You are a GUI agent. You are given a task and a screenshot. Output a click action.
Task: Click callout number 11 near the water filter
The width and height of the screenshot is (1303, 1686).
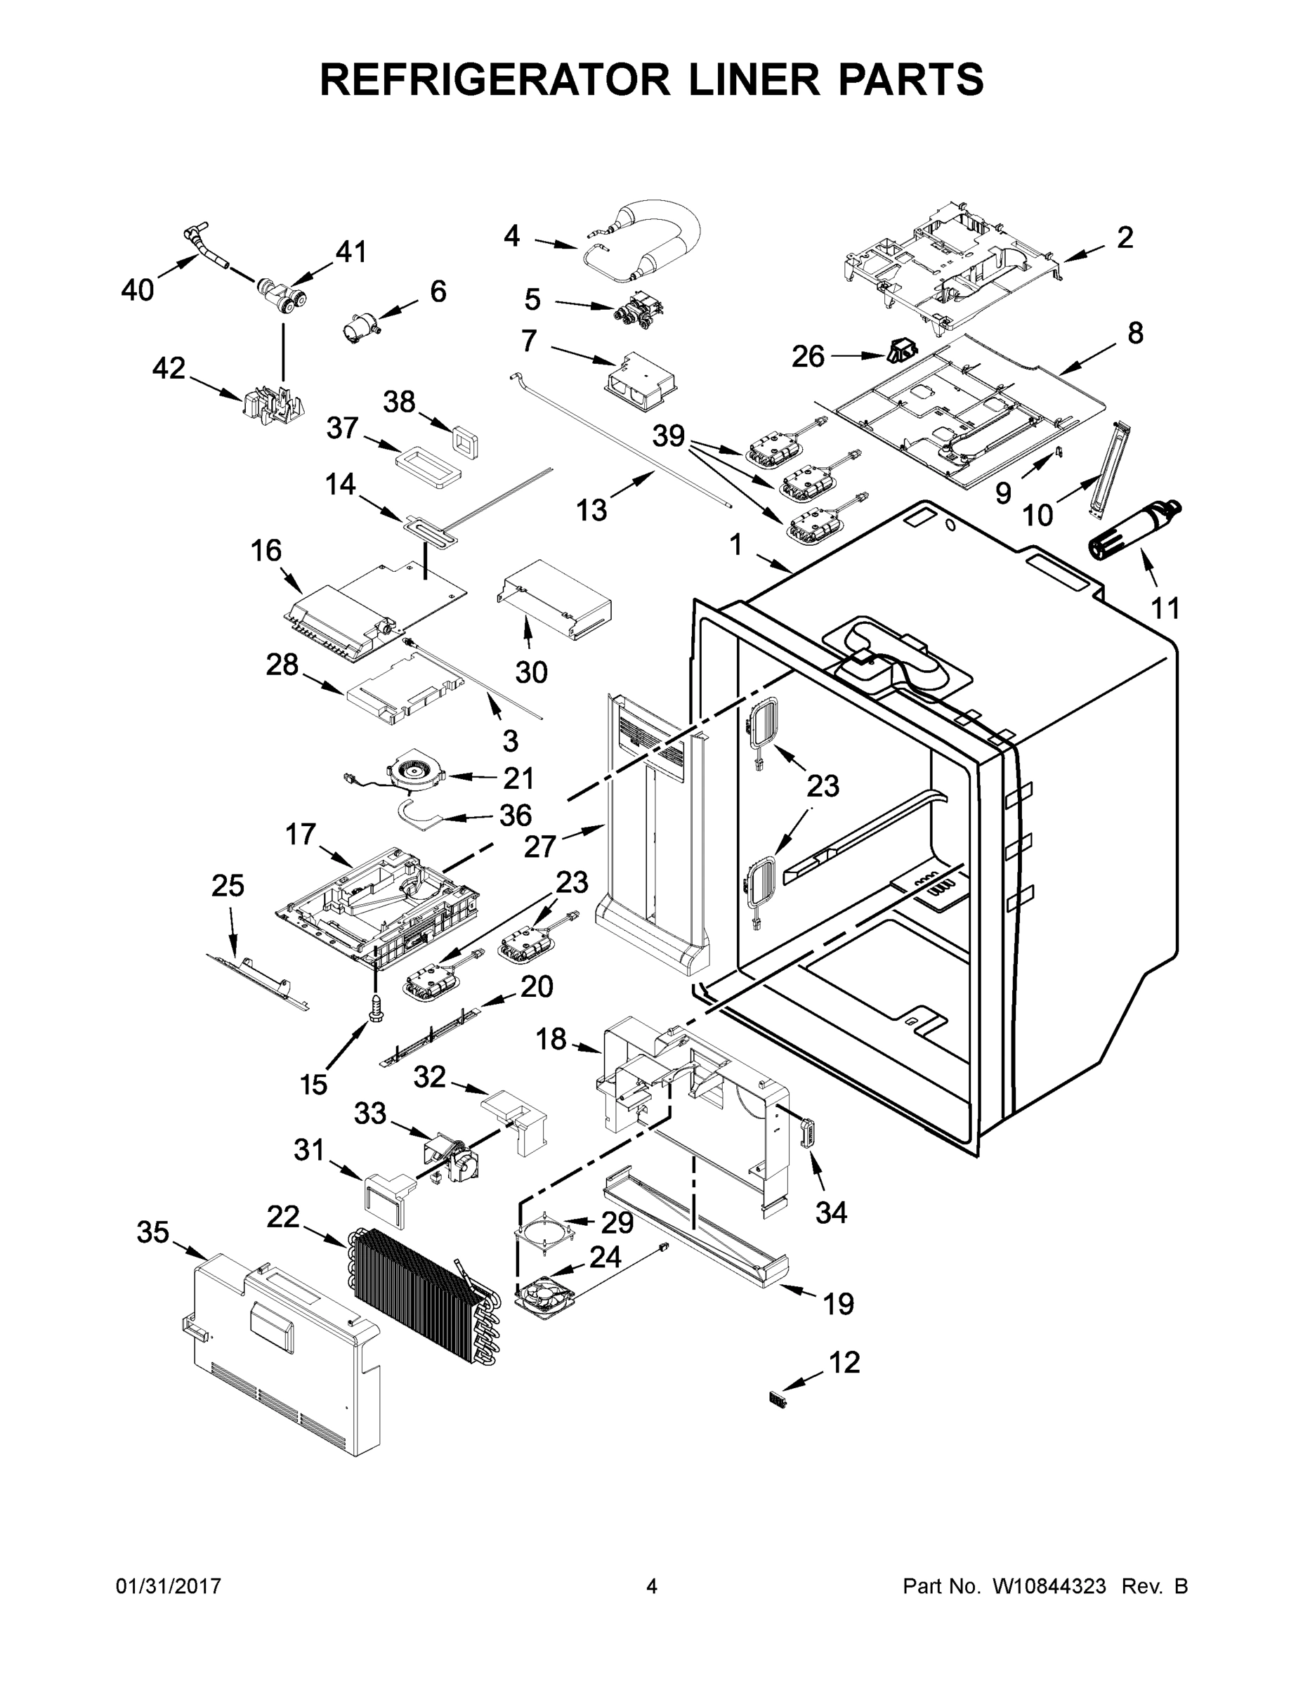pos(1165,608)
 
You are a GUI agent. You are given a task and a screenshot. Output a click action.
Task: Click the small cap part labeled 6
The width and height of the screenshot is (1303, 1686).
pos(360,330)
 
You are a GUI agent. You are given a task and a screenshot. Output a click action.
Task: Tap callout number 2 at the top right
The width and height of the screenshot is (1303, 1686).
pos(1125,237)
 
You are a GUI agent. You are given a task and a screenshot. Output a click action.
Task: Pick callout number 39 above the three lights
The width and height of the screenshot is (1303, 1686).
pos(669,436)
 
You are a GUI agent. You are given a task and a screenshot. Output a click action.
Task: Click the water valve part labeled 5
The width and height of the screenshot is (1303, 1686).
pos(636,308)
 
